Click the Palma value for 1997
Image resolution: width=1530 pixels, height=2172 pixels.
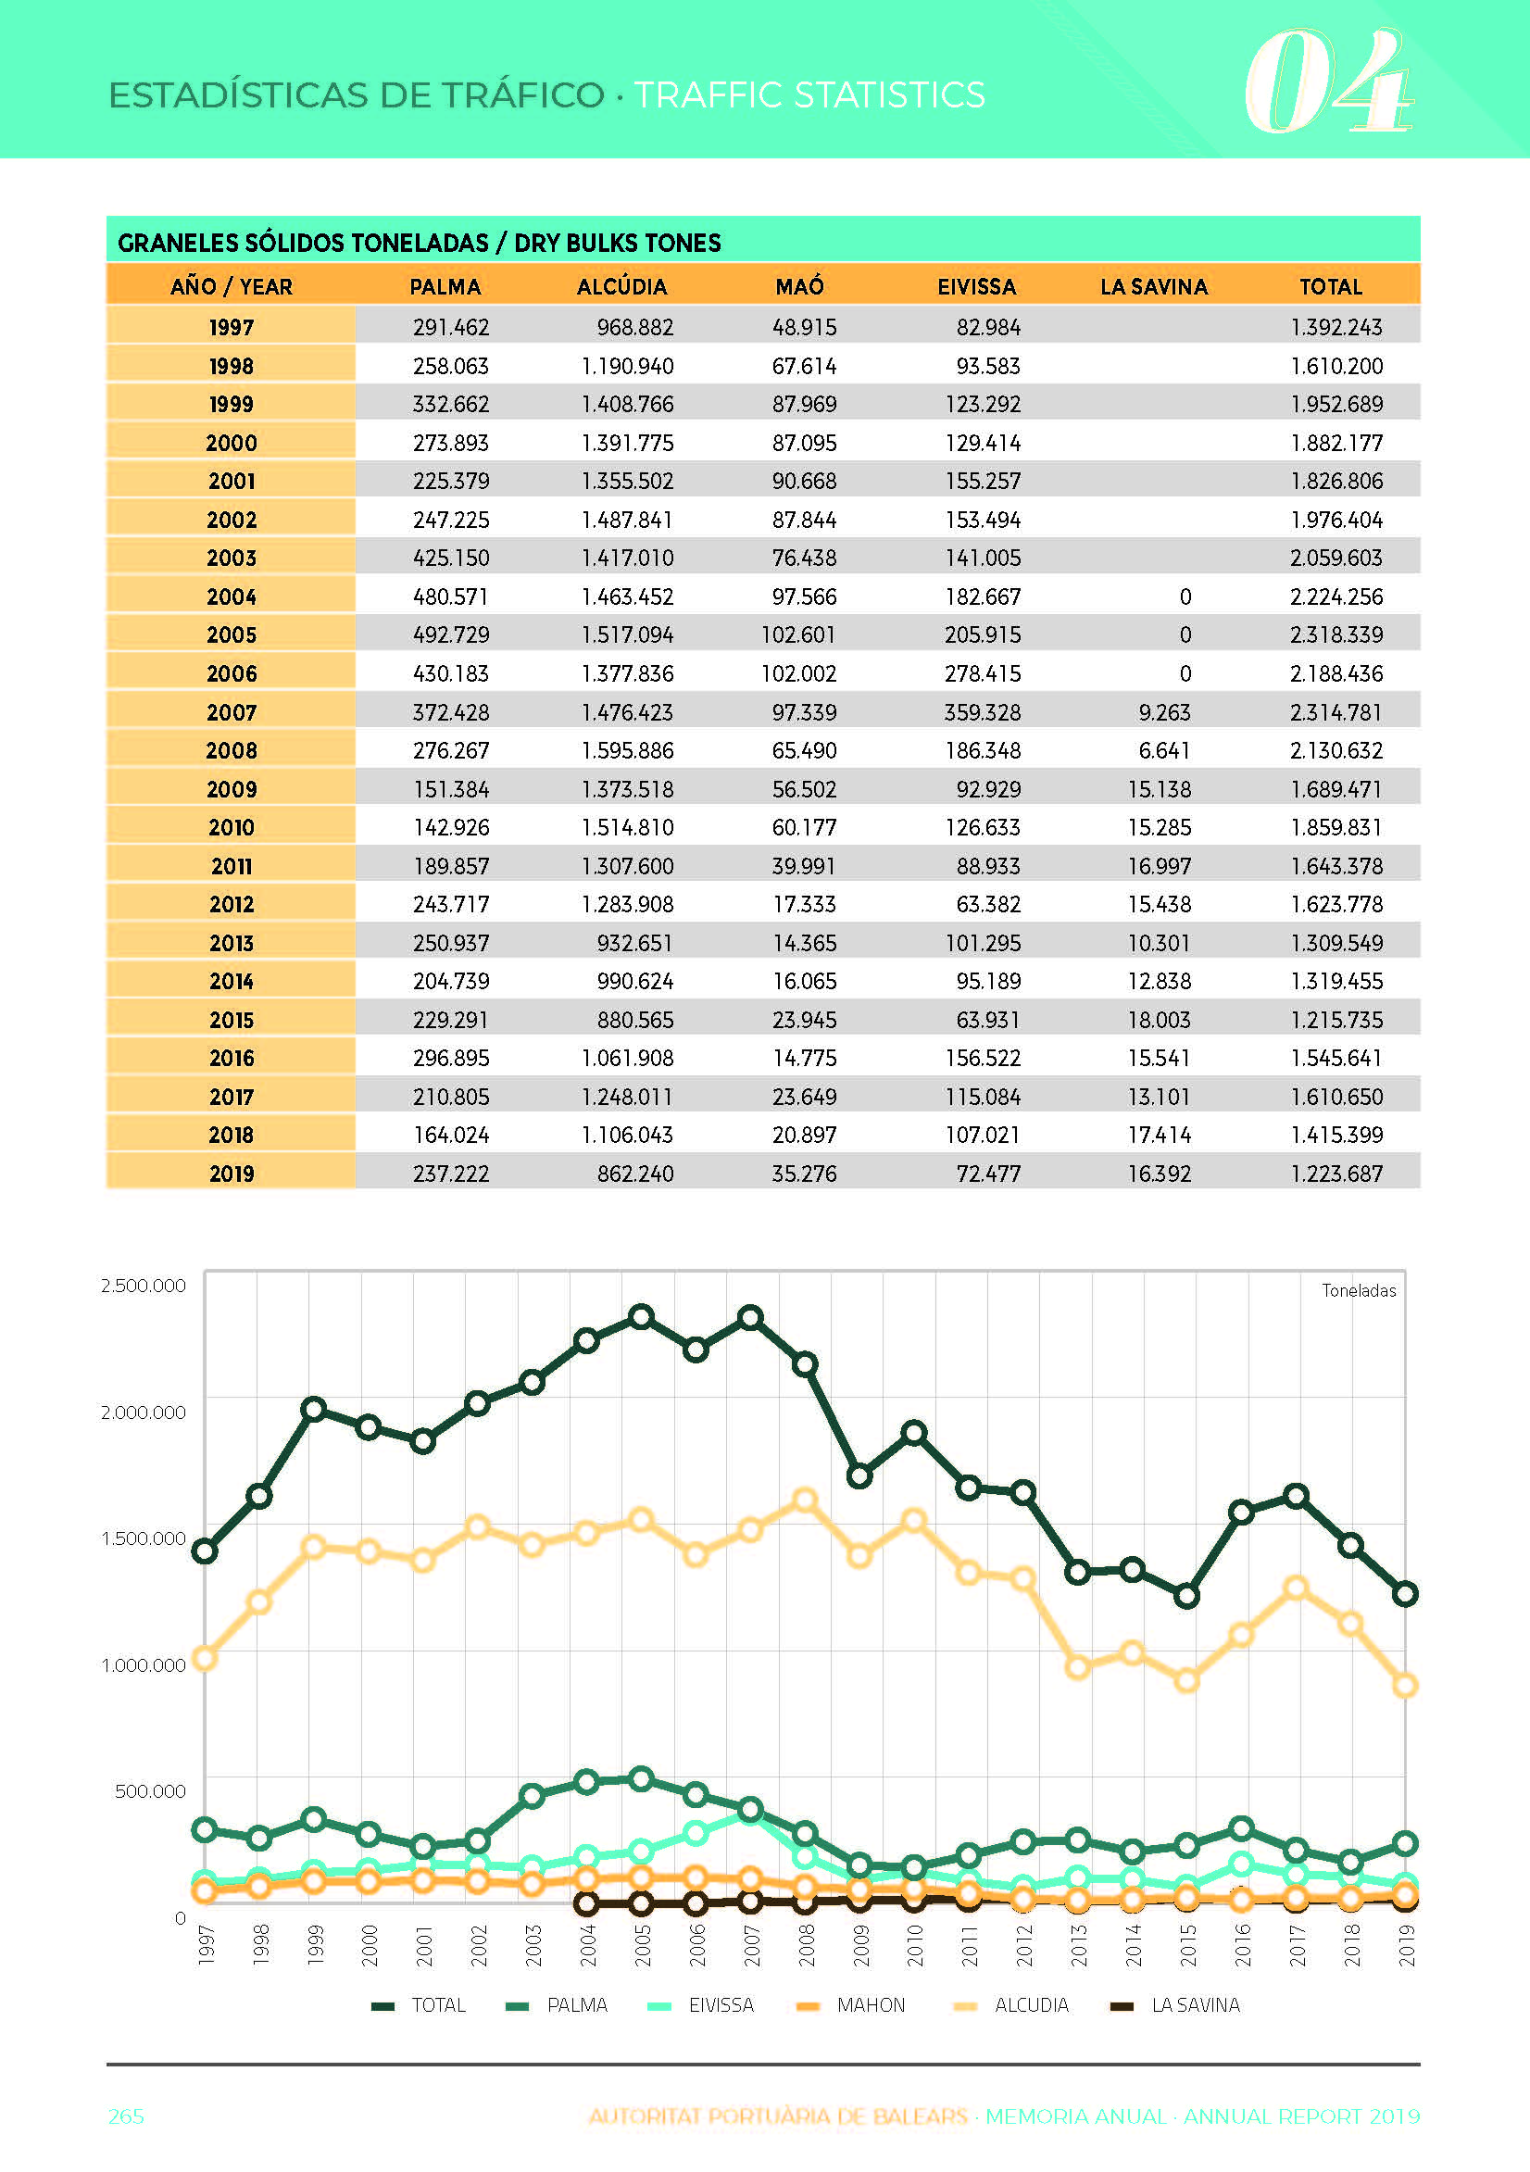[x=450, y=327]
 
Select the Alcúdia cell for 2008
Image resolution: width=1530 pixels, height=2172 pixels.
[x=626, y=750]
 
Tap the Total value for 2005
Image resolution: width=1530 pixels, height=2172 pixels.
[x=1336, y=634]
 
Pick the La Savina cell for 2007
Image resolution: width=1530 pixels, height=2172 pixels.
[x=1165, y=712]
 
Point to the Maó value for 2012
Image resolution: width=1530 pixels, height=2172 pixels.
[x=804, y=904]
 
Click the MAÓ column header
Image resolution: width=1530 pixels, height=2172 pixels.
[x=799, y=286]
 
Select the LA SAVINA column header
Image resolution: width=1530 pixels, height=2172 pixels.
[x=1153, y=286]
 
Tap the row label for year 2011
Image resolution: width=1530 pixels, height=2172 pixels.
[x=232, y=866]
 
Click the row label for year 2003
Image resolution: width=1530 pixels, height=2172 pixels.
[x=232, y=559]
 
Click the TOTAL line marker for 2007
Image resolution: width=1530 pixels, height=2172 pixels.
[x=750, y=1317]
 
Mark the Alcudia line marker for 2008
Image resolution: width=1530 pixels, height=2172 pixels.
[x=805, y=1500]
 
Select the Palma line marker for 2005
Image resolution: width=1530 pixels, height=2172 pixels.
[x=642, y=1778]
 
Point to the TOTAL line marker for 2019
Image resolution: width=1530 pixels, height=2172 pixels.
[x=1406, y=1594]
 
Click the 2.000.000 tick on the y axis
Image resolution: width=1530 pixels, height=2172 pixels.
[x=143, y=1412]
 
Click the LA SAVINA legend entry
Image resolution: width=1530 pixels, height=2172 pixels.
[x=1175, y=2005]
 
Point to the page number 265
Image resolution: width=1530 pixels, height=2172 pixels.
[x=126, y=2116]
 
